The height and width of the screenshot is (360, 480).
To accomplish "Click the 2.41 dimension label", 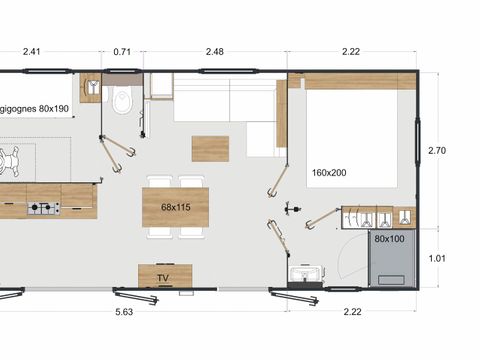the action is (x=32, y=52).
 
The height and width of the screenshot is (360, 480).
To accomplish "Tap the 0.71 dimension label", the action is (x=122, y=52).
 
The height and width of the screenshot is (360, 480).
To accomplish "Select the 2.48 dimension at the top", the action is (x=215, y=52).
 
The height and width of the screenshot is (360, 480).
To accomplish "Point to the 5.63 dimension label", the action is (x=124, y=312).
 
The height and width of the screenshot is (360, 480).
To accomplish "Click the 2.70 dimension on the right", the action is (x=437, y=151).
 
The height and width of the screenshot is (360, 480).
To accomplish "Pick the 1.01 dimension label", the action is (x=437, y=258).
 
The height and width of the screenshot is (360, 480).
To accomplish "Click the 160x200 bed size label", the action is (x=329, y=173).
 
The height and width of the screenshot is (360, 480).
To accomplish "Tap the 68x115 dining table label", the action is (x=176, y=207).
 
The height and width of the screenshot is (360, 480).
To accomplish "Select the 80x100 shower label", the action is (x=389, y=239).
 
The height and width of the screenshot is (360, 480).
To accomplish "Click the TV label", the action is (x=163, y=278).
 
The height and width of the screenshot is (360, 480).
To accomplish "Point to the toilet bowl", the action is (x=122, y=99).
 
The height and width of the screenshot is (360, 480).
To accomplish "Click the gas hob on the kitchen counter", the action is (x=44, y=208).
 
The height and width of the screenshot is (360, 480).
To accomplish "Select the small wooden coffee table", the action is (x=210, y=149).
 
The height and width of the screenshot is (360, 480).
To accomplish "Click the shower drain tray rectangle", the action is (x=391, y=280).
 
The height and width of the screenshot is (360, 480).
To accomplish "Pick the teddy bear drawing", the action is (x=9, y=160).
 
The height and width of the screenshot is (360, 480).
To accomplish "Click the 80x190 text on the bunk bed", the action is (x=54, y=109).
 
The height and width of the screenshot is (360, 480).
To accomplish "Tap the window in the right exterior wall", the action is (x=417, y=142).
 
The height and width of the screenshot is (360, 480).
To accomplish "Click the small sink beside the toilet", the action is (x=91, y=87).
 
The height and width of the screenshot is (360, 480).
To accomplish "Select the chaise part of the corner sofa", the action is (x=261, y=139).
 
